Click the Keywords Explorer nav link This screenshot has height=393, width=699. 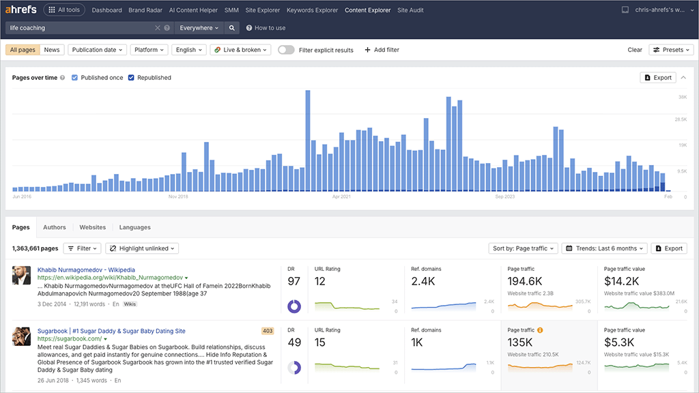click(x=312, y=10)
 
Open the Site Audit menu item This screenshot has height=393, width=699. click(x=410, y=10)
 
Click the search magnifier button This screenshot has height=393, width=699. click(x=232, y=28)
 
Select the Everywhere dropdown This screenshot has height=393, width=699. click(x=199, y=28)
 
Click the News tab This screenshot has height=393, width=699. click(x=52, y=50)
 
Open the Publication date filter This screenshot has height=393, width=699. click(x=98, y=50)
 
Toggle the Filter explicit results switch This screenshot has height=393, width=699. click(x=286, y=50)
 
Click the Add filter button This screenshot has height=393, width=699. click(x=382, y=50)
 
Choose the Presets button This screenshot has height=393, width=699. click(x=671, y=50)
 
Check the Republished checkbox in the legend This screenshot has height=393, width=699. click(x=131, y=78)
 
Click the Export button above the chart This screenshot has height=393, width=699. click(x=658, y=78)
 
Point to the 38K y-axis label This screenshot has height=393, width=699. click(x=682, y=98)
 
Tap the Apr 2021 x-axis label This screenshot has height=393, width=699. click(x=341, y=196)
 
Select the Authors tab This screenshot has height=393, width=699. click(x=55, y=227)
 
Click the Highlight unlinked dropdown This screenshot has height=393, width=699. click(x=142, y=248)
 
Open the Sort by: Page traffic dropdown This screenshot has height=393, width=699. click(x=523, y=248)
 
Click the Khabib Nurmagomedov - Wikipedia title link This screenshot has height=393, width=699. click(x=86, y=270)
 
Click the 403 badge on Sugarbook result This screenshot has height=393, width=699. click(x=268, y=331)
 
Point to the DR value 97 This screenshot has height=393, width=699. click(x=294, y=281)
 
